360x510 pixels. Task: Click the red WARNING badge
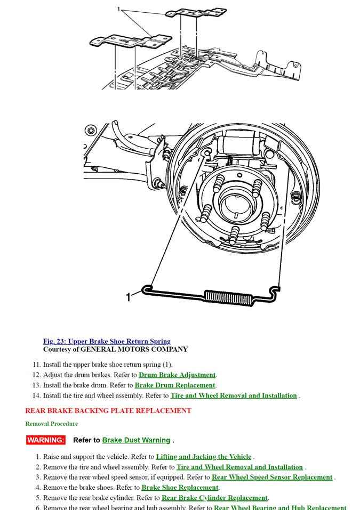point(45,440)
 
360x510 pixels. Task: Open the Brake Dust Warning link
point(136,440)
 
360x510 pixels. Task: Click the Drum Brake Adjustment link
point(177,375)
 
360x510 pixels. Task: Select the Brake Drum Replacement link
point(175,385)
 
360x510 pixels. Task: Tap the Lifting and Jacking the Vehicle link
point(203,457)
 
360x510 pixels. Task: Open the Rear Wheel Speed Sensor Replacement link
point(272,477)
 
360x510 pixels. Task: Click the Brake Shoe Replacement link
point(180,487)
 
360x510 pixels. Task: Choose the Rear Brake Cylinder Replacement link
point(214,498)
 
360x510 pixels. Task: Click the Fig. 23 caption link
point(107,341)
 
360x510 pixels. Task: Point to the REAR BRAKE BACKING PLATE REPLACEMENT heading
point(108,411)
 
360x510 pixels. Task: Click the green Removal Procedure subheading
point(51,424)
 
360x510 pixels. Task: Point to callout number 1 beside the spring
point(128,297)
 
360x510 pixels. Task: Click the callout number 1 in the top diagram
point(119,9)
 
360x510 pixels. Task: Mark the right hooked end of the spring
point(275,291)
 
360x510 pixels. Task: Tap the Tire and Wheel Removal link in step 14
point(234,395)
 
